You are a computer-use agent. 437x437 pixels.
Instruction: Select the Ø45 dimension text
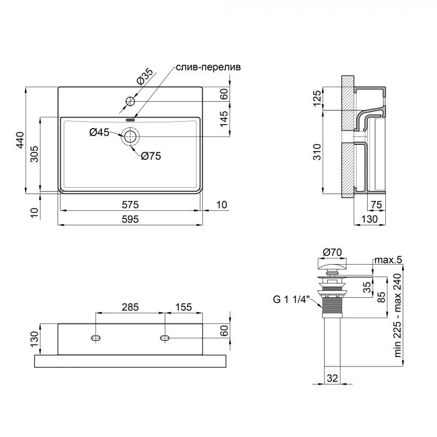(99, 132)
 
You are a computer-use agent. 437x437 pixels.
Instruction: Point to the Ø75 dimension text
(150, 157)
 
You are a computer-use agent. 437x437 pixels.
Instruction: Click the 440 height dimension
(20, 140)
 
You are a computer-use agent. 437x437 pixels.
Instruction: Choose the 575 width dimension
(130, 204)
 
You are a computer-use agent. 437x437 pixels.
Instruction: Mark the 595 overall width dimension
(130, 219)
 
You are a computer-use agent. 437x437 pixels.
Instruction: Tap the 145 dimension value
(223, 118)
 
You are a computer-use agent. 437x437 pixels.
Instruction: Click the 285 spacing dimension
(129, 308)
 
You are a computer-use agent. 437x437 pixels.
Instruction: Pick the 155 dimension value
(183, 308)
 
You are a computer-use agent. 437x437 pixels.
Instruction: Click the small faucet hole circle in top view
(130, 101)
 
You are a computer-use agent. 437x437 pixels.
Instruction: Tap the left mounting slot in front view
(96, 337)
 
